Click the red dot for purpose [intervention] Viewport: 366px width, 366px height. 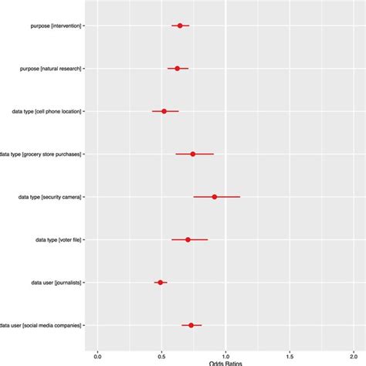coord(180,25)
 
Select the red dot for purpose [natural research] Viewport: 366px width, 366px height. coord(177,69)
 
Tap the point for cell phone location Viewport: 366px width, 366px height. coord(164,111)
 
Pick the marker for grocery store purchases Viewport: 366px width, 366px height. coord(193,154)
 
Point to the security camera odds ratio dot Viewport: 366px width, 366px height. coord(215,197)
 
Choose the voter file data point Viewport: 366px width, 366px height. coord(188,239)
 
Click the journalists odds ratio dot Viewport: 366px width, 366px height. coord(161,283)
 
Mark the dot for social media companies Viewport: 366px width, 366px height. coord(191,325)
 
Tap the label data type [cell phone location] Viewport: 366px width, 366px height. coord(43,111)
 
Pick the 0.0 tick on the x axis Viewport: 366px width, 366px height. coord(97,355)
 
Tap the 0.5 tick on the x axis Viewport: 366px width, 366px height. coord(161,355)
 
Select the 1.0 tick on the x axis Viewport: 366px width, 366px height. coord(225,355)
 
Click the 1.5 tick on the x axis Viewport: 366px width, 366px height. coord(290,355)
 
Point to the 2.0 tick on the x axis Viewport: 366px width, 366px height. coord(353,355)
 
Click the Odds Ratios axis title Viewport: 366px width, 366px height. coord(225,363)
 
